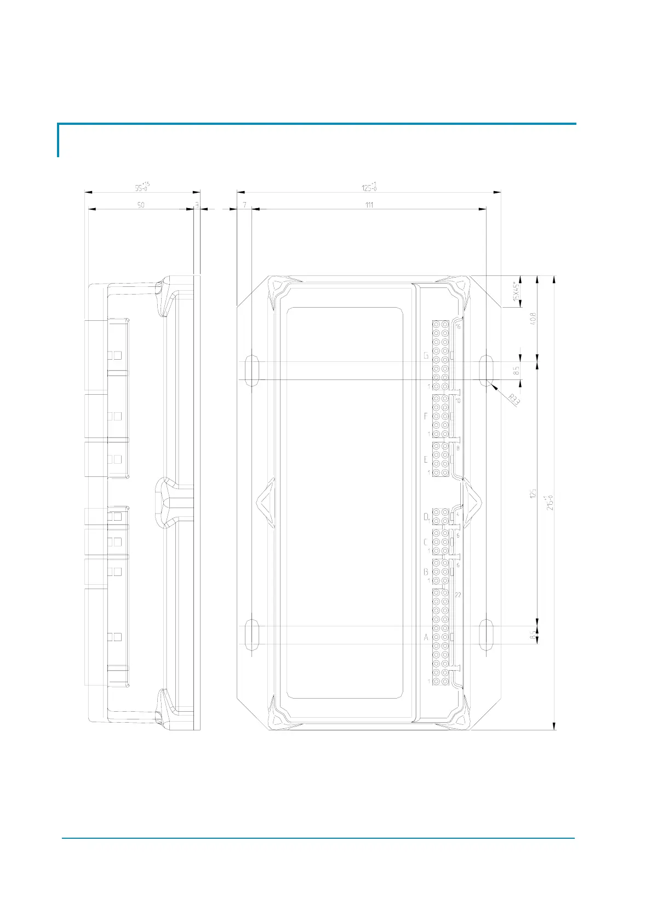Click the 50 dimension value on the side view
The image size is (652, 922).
click(141, 205)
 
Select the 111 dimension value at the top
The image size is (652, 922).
click(369, 205)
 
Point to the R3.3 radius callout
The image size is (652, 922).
click(514, 399)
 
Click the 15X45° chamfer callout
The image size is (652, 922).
click(514, 291)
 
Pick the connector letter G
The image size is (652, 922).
click(426, 356)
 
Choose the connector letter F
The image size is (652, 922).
click(426, 416)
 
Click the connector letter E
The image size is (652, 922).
click(426, 459)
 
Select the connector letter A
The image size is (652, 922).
click(426, 637)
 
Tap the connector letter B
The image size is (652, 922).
click(426, 572)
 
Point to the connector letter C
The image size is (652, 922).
click(426, 543)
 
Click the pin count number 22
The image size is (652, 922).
click(458, 595)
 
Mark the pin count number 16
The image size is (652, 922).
click(457, 327)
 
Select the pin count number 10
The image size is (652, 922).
click(457, 401)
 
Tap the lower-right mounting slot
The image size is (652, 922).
click(486, 635)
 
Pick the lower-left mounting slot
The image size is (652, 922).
click(251, 635)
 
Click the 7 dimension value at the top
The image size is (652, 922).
click(244, 205)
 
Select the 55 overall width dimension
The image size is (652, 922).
click(142, 187)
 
